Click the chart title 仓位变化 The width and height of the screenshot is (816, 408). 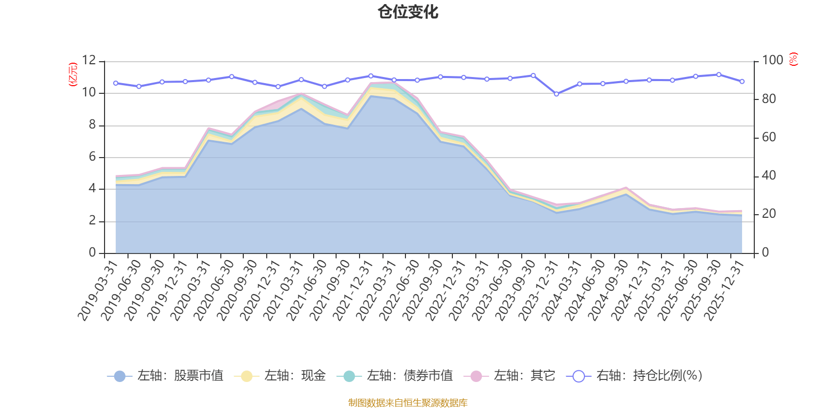408,12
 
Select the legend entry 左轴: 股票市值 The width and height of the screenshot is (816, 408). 165,376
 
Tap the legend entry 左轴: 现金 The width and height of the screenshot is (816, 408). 280,376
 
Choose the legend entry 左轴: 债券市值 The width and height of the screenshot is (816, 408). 395,376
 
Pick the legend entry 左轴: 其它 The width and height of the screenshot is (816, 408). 509,376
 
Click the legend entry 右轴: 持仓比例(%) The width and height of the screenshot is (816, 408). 634,376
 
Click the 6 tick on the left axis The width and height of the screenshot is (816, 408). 92,157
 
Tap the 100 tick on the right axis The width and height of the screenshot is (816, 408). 772,61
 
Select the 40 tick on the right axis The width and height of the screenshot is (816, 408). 769,176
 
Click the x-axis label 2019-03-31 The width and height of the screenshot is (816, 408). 98,289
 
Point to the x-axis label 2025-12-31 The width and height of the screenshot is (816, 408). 724,289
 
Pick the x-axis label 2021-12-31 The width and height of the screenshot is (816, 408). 353,289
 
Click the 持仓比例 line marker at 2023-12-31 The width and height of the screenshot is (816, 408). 556,94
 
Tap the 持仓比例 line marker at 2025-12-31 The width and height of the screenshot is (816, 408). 742,82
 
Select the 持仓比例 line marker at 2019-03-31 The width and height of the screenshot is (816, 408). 116,83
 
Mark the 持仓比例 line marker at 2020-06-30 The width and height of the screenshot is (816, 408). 232,76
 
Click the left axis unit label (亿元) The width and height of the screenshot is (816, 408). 73,74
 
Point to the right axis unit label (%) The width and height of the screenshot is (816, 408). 793,60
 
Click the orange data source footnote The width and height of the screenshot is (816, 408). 407,403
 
